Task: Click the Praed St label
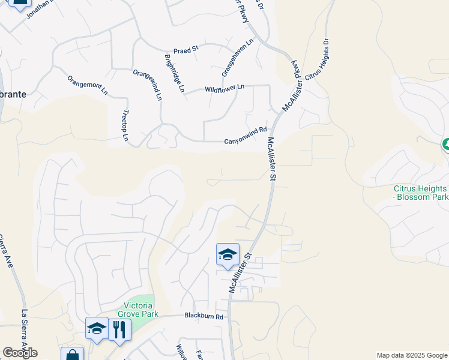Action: [x=185, y=50]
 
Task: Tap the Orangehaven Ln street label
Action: [x=238, y=58]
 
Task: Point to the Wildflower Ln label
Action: [x=224, y=88]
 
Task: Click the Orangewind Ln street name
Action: [x=148, y=85]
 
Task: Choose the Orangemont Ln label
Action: [x=88, y=85]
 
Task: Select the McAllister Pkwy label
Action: [x=296, y=76]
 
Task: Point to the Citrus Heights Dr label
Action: [x=318, y=60]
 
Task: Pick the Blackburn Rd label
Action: [x=203, y=316]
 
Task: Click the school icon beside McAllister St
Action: [x=228, y=254]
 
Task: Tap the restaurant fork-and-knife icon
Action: [x=119, y=329]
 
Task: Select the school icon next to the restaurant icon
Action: [x=97, y=328]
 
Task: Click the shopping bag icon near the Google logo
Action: [x=71, y=354]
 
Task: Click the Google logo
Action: [x=20, y=353]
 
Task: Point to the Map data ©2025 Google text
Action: [x=411, y=355]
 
